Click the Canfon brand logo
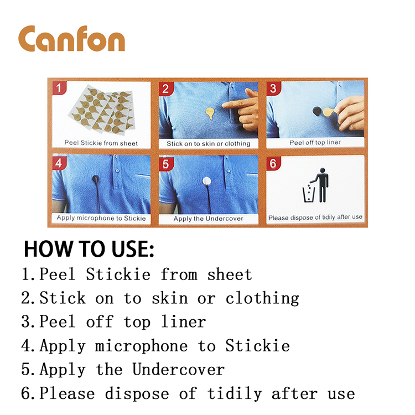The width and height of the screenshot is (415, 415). [x=71, y=38]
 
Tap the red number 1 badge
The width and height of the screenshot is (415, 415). [x=59, y=88]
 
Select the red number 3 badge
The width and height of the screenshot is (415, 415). [x=273, y=88]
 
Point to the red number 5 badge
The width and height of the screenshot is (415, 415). [x=165, y=164]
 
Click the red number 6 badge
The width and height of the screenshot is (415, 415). [x=273, y=163]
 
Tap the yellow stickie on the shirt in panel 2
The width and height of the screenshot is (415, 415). [x=210, y=113]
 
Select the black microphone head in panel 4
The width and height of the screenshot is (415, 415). [x=96, y=179]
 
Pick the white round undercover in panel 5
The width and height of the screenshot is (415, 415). [x=207, y=181]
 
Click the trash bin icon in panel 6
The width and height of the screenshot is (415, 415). [x=308, y=194]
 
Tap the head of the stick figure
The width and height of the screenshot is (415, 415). [x=323, y=170]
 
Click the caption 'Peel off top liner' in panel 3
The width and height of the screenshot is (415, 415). [x=315, y=142]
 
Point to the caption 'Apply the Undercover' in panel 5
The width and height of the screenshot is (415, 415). [x=208, y=219]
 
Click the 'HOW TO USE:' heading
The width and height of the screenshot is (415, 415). [x=89, y=249]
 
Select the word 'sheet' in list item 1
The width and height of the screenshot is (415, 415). [x=230, y=274]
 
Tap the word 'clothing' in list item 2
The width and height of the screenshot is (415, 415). [x=262, y=299]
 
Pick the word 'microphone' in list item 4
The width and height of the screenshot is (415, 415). [x=141, y=346]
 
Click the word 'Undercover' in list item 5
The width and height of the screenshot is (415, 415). [x=179, y=369]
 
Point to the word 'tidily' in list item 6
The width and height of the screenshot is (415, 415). [x=234, y=393]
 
